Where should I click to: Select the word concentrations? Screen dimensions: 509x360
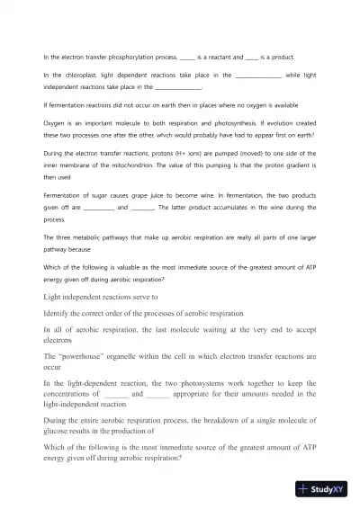tap(68, 395)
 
